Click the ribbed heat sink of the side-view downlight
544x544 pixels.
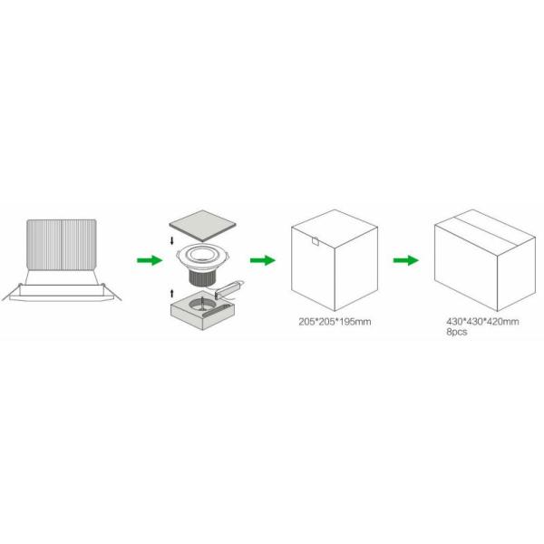tap(62, 244)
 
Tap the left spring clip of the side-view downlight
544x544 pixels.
tap(11, 293)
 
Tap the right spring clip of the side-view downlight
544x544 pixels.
tap(112, 292)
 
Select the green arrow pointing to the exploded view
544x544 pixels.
tap(150, 260)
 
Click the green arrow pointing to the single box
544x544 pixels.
tap(263, 260)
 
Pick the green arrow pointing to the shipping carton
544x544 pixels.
tap(405, 260)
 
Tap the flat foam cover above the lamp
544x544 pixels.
tap(202, 226)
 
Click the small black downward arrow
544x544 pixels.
tap(171, 241)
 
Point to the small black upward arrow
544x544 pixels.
tap(171, 294)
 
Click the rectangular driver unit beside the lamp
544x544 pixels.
tap(228, 289)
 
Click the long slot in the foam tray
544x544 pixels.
tap(216, 310)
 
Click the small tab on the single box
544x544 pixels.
tap(315, 241)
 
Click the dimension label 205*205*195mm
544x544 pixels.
tap(335, 322)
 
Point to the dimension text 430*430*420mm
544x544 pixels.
tap(482, 322)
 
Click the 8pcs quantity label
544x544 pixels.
tap(457, 332)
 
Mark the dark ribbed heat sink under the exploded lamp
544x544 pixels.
tap(202, 278)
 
